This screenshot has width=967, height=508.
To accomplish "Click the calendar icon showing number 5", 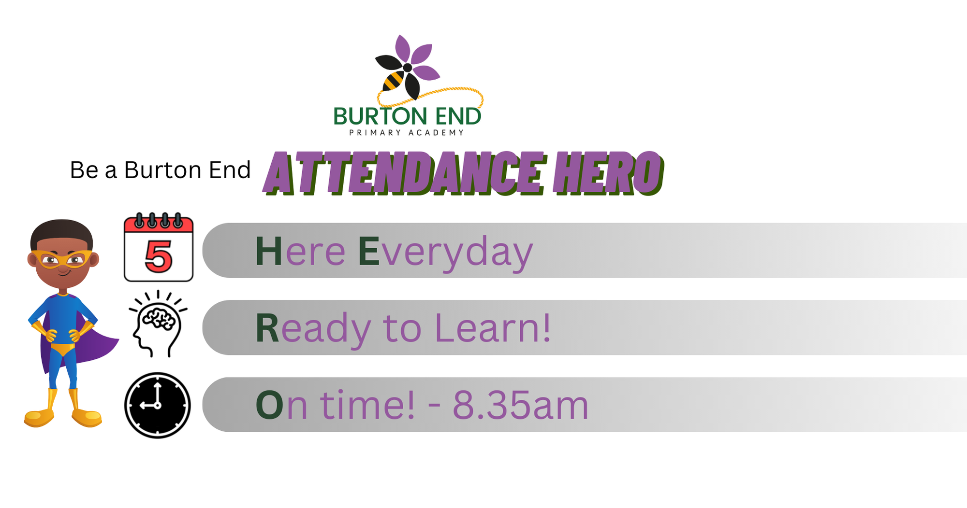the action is coord(159,247).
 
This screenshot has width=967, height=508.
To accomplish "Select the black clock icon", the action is coord(158,405).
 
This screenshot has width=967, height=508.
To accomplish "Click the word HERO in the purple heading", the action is coord(610,173).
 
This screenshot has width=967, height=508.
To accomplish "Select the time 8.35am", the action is coord(520,405).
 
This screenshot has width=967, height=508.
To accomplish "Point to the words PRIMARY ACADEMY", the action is coord(407,133).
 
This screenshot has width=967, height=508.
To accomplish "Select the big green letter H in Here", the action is coord(268,251).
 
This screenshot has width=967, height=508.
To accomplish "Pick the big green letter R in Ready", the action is coord(267,328).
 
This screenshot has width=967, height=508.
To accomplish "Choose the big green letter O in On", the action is coord(269,405).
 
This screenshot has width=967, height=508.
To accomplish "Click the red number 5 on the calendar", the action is coord(159,256).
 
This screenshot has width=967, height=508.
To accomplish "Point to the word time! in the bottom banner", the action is coord(367,405).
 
